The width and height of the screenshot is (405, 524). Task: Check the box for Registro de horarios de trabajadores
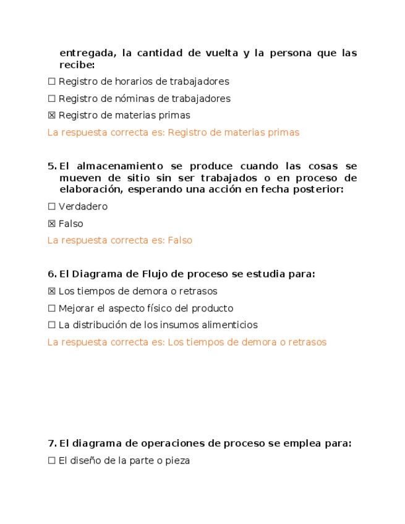(x=52, y=82)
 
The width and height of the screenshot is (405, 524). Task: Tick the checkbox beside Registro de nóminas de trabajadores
(x=52, y=99)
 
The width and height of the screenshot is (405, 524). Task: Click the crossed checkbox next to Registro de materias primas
(x=52, y=116)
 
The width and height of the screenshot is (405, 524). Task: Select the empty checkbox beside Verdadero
(x=52, y=207)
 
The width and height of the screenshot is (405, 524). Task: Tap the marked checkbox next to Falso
(x=52, y=224)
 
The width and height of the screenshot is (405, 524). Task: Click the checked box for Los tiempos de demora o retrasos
(x=52, y=291)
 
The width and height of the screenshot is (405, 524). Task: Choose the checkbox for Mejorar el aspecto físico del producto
(x=52, y=308)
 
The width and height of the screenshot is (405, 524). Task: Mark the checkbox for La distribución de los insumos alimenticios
(x=52, y=325)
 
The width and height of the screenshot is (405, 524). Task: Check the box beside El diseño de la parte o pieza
(x=52, y=460)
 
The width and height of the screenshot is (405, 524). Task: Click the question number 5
(x=51, y=166)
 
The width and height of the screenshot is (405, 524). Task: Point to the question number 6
(x=51, y=274)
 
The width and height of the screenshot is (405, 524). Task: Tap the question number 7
(x=51, y=443)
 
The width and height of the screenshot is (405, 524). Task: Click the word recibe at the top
(x=76, y=64)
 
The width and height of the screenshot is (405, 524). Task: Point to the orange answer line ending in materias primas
(x=173, y=132)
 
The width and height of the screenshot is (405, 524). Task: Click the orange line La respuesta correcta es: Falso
(x=120, y=240)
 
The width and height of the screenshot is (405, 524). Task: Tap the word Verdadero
(x=83, y=207)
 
